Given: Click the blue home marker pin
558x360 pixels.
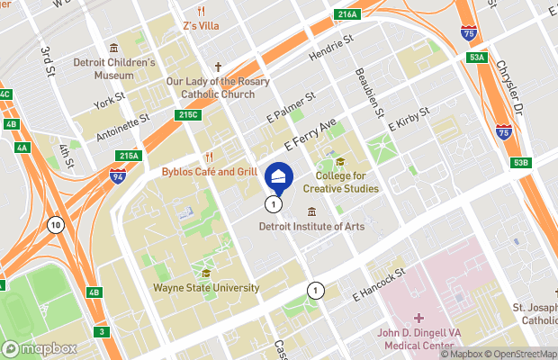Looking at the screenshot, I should pos(279,176).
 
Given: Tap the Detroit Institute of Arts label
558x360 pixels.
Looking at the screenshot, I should pos(311,227).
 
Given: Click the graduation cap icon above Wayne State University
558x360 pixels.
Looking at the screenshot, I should pos(207,274).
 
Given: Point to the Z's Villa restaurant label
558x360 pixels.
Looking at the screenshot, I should pos(201,25).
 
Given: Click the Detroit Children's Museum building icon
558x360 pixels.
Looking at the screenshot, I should pos(113,48).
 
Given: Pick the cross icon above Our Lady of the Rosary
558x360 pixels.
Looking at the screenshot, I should pos(218,67).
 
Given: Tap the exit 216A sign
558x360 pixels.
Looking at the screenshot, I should pos(346,14).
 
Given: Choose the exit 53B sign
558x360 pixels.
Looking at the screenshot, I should pos(521,163).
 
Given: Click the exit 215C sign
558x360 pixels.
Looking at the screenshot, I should pos(187,115).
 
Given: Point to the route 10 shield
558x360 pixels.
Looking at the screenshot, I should pos(56,224).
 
